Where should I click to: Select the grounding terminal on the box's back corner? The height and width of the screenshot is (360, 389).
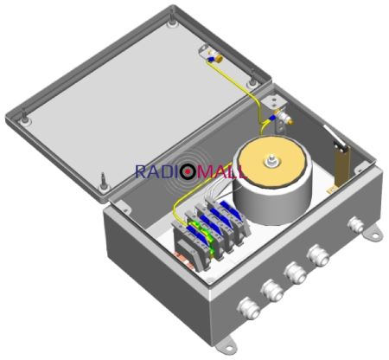(279, 112)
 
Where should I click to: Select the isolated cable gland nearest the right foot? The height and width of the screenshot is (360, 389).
(353, 227)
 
